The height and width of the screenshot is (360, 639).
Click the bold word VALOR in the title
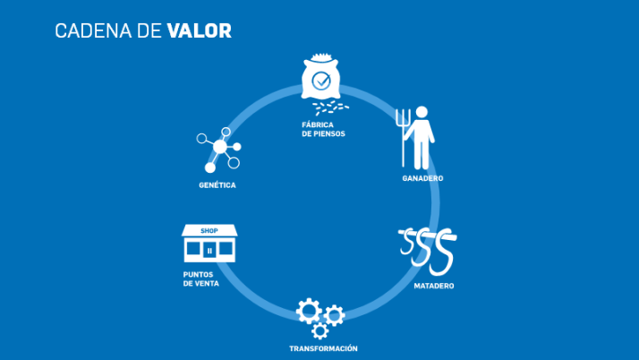200,31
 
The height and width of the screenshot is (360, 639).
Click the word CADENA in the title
93,31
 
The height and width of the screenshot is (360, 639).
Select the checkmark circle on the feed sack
321,81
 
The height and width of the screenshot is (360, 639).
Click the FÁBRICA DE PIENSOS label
323,129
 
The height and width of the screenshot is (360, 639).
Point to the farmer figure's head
422,112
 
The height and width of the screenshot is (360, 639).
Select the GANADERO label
422,178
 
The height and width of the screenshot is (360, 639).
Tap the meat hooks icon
428,251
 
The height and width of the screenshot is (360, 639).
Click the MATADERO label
434,286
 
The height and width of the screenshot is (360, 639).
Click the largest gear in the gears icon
309,311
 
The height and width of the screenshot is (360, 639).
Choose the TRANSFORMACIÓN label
323,348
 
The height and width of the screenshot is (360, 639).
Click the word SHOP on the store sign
209,231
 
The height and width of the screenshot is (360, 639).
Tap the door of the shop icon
209,251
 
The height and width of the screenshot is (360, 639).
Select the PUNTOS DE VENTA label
200,279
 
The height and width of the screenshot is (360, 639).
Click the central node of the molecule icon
219,147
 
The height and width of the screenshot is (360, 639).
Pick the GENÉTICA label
217,185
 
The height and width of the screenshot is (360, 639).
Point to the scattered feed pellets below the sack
330,108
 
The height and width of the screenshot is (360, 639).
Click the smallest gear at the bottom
319,330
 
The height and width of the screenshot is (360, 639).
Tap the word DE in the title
149,31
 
